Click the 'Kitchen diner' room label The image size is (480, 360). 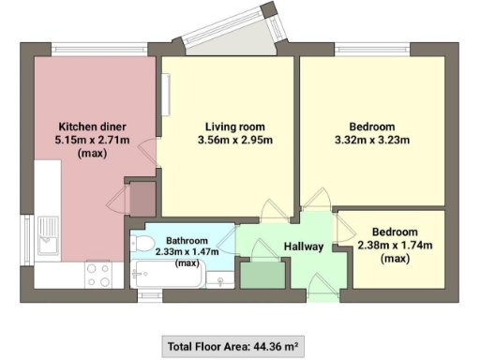pyautogui.click(x=92, y=127)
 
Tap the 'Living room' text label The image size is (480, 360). pyautogui.click(x=235, y=127)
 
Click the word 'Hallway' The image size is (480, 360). pyautogui.click(x=303, y=247)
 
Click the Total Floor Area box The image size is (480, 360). pyautogui.click(x=232, y=346)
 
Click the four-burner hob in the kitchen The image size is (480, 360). pyautogui.click(x=99, y=274)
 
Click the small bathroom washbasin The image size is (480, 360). pyautogui.click(x=221, y=278)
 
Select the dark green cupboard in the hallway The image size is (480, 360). pyautogui.click(x=261, y=274)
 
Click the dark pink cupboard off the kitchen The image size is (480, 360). pyautogui.click(x=141, y=198)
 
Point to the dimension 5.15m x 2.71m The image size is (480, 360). pyautogui.click(x=92, y=141)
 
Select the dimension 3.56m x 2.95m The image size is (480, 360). pyautogui.click(x=235, y=142)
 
